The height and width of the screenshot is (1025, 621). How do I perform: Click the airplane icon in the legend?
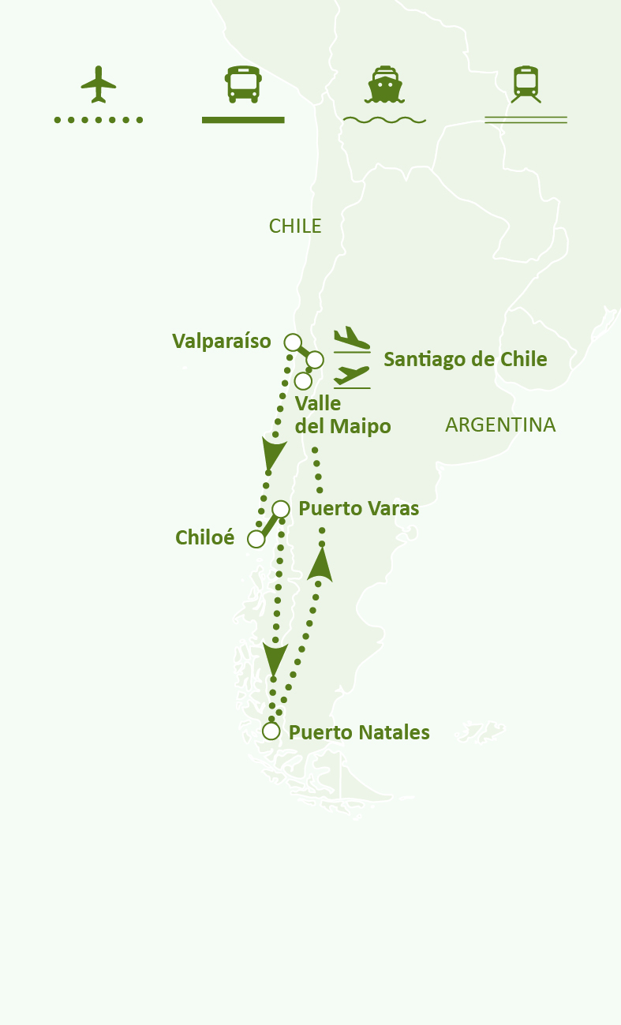tap(99, 84)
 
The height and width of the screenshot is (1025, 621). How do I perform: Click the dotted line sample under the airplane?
tap(99, 120)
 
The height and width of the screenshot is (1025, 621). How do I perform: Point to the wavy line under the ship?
tap(384, 120)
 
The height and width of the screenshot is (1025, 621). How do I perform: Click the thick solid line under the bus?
tap(243, 120)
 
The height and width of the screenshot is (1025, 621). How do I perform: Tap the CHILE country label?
tap(295, 226)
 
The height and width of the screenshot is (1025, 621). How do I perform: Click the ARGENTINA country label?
tap(500, 425)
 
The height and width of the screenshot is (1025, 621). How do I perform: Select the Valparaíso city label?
tap(222, 341)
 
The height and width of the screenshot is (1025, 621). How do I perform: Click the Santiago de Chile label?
tap(465, 360)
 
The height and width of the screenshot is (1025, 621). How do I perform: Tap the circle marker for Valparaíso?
tap(292, 342)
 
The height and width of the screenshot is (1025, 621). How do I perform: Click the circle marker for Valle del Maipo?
tap(302, 381)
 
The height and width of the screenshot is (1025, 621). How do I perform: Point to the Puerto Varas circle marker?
tap(281, 509)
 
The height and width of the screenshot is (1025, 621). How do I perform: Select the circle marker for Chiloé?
tap(256, 539)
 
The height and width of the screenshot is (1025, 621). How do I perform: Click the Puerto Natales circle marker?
tap(271, 731)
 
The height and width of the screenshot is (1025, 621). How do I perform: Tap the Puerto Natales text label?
tap(359, 733)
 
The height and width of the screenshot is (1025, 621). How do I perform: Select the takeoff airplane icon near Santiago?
tap(351, 376)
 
